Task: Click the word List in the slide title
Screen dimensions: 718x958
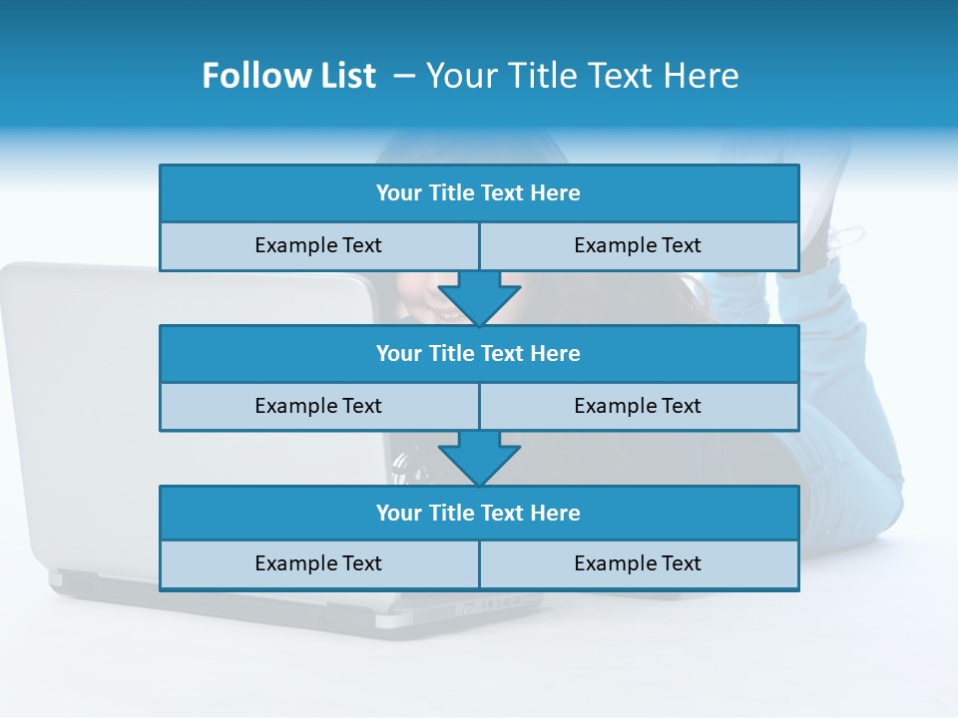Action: [345, 76]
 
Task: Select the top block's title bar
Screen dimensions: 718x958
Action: [479, 193]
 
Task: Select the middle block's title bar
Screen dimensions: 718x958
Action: [479, 353]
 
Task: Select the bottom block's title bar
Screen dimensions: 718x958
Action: [479, 513]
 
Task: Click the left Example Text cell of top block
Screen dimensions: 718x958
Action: [318, 245]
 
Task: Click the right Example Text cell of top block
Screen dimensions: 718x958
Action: [638, 245]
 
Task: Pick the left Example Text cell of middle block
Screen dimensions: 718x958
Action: [318, 406]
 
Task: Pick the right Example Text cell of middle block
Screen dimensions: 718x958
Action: [638, 406]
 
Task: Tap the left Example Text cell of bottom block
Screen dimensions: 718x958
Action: [318, 563]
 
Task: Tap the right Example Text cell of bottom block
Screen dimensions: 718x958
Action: [638, 563]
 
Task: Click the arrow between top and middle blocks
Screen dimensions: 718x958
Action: [479, 297]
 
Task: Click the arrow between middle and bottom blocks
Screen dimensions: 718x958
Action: [479, 458]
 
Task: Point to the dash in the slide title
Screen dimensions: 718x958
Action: [404, 76]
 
